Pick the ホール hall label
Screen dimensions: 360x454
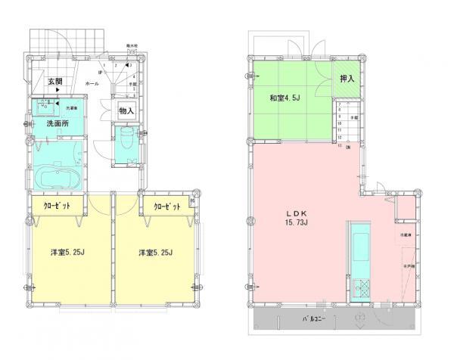point(92,84)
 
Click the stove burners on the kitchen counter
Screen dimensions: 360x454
point(359,287)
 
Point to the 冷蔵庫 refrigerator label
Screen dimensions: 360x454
point(407,237)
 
